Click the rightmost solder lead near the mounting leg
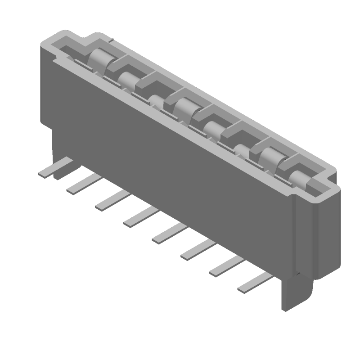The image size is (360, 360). pos(254,283)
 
